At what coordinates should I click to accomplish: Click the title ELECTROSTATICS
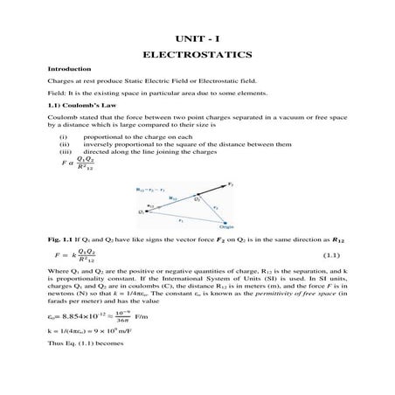tap(197, 52)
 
